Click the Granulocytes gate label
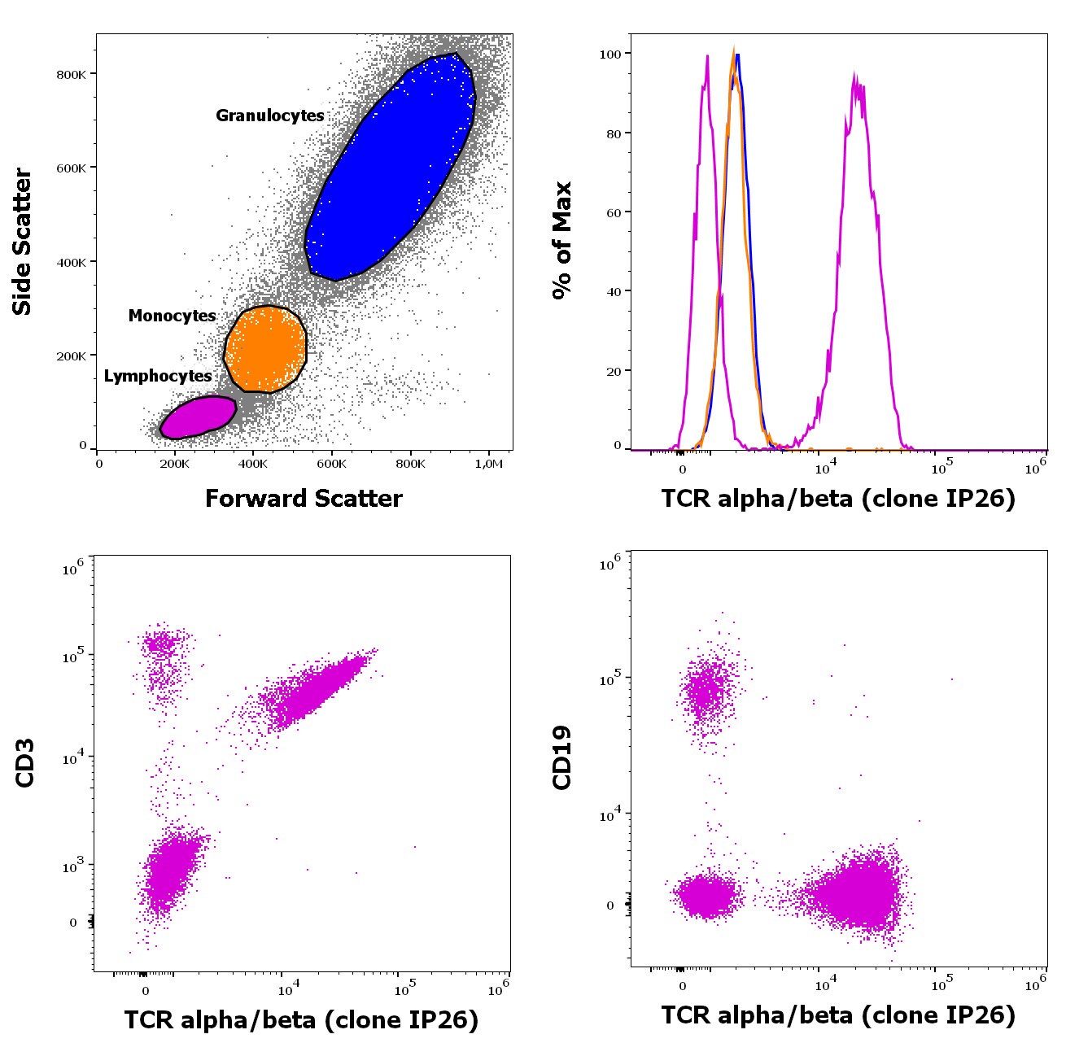[269, 116]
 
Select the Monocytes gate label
[172, 316]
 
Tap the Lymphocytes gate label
[158, 376]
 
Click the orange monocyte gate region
[265, 348]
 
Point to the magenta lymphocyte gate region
[199, 417]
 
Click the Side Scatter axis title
[22, 242]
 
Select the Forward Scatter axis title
[304, 498]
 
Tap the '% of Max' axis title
[562, 240]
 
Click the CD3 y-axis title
[24, 762]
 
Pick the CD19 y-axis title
[562, 757]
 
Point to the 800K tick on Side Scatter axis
[71, 75]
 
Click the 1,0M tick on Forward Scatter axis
[489, 464]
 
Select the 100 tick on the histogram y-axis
[610, 54]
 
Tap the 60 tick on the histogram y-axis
[614, 212]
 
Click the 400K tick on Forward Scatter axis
[253, 464]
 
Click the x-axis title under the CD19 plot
[838, 1015]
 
